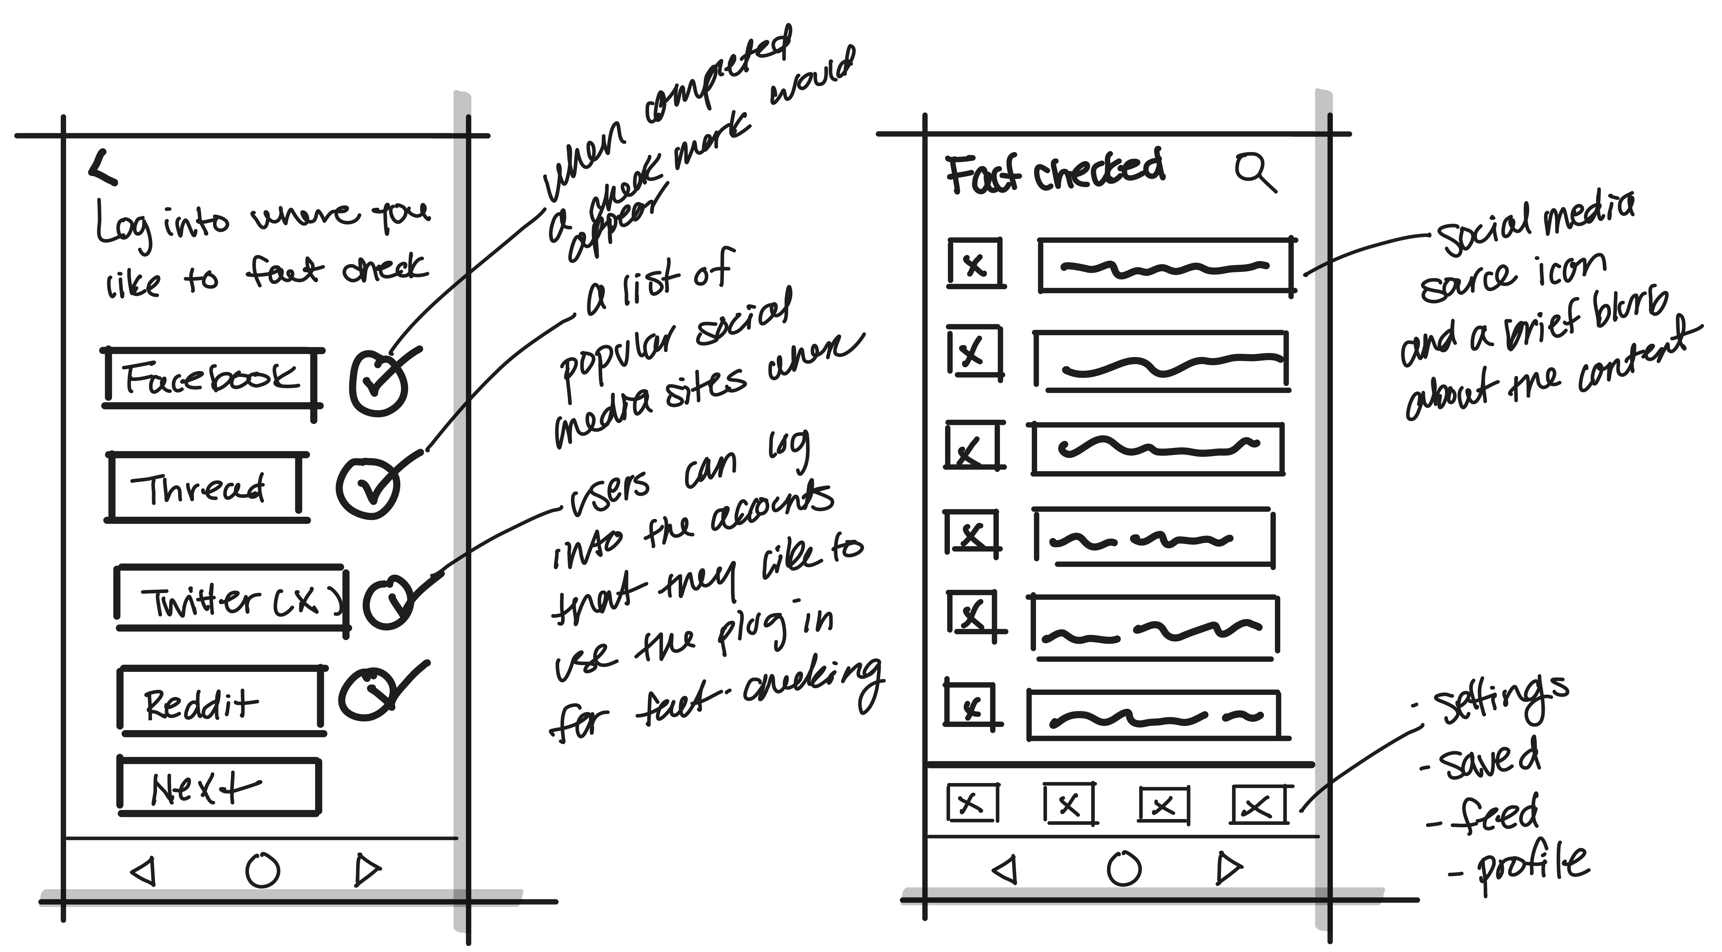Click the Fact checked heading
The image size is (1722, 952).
(x=1055, y=173)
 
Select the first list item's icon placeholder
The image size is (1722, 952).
(x=975, y=264)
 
